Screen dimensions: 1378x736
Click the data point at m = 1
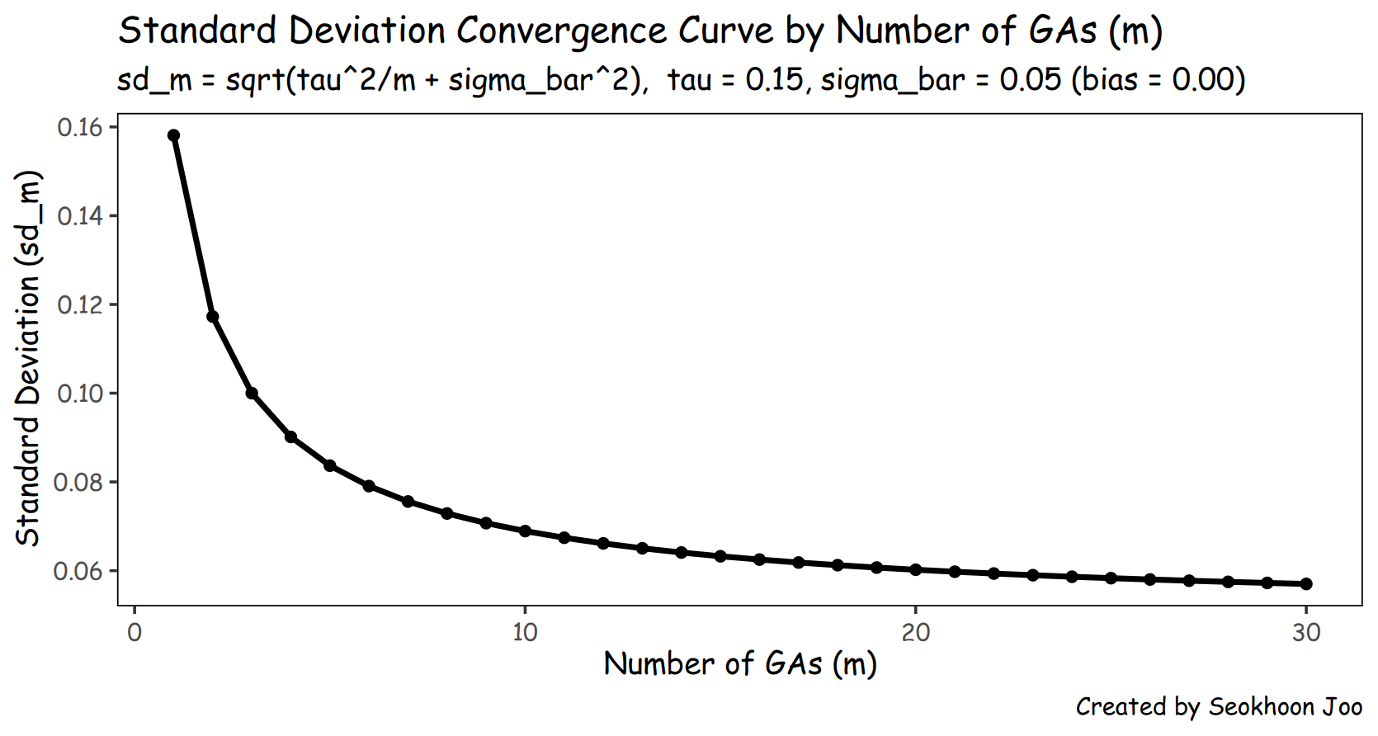click(x=173, y=135)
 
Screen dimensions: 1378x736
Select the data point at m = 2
click(x=213, y=316)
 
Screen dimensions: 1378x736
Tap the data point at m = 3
click(x=252, y=394)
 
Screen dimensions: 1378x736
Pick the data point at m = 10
click(x=526, y=531)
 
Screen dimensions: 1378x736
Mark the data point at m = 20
click(x=916, y=570)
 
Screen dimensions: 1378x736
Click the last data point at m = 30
click(x=1306, y=583)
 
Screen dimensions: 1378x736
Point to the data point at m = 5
click(x=330, y=465)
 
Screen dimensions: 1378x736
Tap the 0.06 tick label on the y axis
click(x=78, y=572)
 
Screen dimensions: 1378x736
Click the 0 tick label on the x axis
click(x=134, y=633)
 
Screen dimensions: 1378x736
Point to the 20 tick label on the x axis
click(x=916, y=633)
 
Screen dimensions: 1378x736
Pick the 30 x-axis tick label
click(x=1306, y=633)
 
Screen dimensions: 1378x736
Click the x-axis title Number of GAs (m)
click(x=740, y=664)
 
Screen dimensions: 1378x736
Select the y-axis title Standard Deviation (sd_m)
click(x=28, y=358)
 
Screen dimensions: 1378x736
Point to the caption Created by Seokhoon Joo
click(x=1219, y=707)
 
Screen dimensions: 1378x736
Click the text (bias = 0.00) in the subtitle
click(x=1159, y=80)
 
